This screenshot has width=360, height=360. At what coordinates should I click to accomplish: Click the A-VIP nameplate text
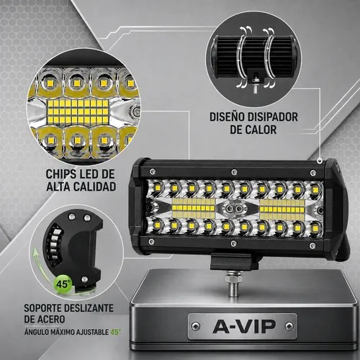[244, 327]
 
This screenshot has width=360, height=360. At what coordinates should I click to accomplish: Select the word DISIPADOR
[273, 117]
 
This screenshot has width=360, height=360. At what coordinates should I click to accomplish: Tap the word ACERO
[51, 319]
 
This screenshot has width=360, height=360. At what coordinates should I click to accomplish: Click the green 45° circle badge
[63, 284]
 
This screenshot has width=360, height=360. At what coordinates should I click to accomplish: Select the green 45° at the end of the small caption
[116, 332]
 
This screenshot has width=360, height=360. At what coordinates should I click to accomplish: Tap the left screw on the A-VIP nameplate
[196, 326]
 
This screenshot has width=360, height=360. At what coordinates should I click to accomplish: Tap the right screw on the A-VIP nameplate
[289, 326]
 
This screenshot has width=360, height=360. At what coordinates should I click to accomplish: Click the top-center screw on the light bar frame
[234, 172]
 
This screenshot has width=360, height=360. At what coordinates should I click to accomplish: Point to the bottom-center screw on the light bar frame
[233, 243]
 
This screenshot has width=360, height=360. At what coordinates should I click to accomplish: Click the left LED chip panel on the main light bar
[194, 208]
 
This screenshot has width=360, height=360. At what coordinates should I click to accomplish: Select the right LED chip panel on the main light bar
[282, 210]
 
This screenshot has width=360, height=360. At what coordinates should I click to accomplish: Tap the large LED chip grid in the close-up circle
[78, 112]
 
